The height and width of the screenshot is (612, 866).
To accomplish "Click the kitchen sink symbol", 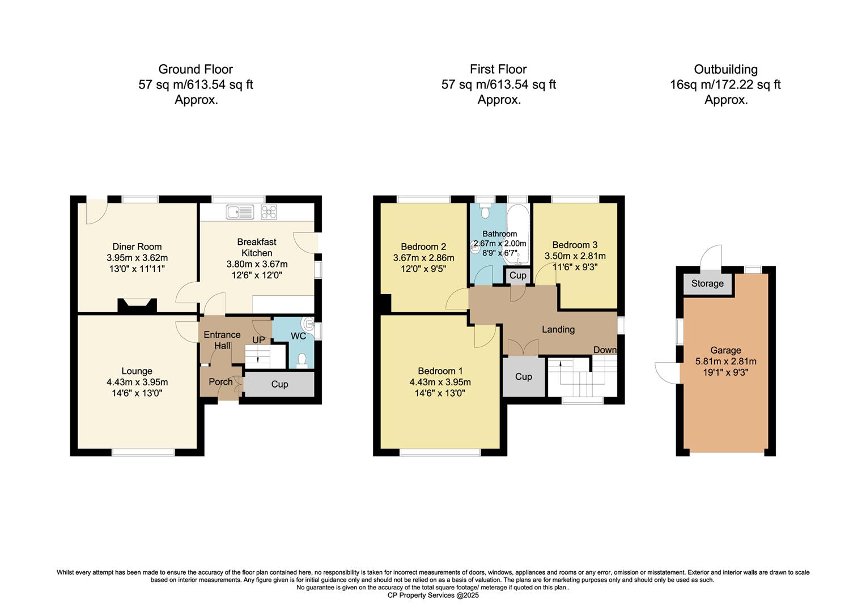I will pyautogui.click(x=240, y=212).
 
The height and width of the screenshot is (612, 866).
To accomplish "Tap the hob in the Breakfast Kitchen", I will pyautogui.click(x=269, y=212).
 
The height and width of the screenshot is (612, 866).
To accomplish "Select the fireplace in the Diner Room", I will pyautogui.click(x=137, y=306).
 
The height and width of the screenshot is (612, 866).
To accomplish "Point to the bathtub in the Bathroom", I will pyautogui.click(x=517, y=235).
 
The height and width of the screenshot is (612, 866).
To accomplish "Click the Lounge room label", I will pyautogui.click(x=137, y=371).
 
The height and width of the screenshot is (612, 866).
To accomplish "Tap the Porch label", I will pyautogui.click(x=220, y=382).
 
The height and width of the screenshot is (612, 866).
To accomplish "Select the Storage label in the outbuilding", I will pyautogui.click(x=707, y=283).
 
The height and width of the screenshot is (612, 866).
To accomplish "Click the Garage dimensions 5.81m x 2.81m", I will pyautogui.click(x=725, y=362).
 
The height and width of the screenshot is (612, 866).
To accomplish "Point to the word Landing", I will pyautogui.click(x=558, y=329).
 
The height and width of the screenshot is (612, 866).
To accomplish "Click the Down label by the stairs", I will pyautogui.click(x=604, y=350).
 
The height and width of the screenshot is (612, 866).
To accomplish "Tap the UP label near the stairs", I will pyautogui.click(x=258, y=340).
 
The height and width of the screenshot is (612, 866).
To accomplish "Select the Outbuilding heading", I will pyautogui.click(x=725, y=69).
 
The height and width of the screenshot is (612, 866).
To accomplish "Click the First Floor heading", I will pyautogui.click(x=498, y=69).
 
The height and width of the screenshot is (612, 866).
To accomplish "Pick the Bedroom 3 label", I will pyautogui.click(x=575, y=245).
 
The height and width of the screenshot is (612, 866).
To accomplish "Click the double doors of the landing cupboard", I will pyautogui.click(x=523, y=348).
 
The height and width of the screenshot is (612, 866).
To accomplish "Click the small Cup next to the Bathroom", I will pyautogui.click(x=517, y=275).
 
